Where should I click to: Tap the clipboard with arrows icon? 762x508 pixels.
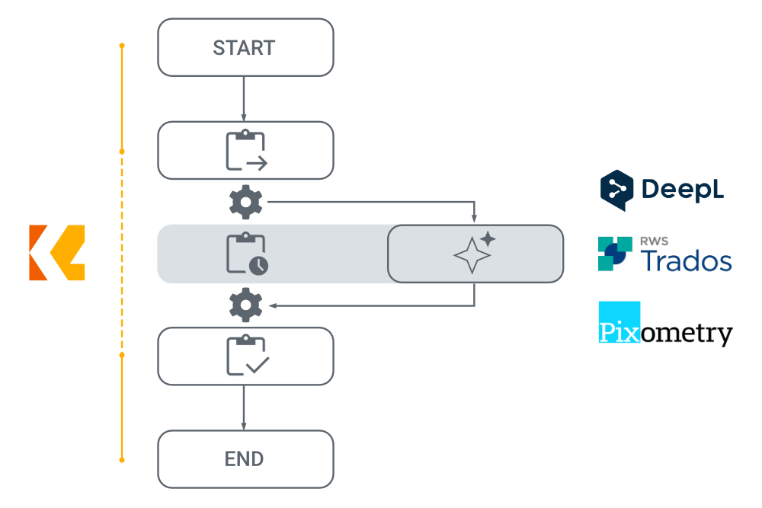tap(245, 152)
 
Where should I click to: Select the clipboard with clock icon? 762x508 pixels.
tap(247, 254)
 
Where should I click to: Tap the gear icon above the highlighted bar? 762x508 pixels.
tap(245, 203)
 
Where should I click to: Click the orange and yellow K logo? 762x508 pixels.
tap(57, 253)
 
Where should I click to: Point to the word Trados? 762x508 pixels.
tap(686, 260)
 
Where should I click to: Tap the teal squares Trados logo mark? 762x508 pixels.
tap(614, 254)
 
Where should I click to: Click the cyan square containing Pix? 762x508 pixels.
tap(620, 322)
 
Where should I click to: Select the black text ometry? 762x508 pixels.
tap(687, 333)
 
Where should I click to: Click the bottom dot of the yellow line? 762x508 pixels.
tap(122, 460)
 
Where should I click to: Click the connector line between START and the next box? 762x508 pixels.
tap(244, 98)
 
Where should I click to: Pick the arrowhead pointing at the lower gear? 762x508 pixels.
tap(271, 306)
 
